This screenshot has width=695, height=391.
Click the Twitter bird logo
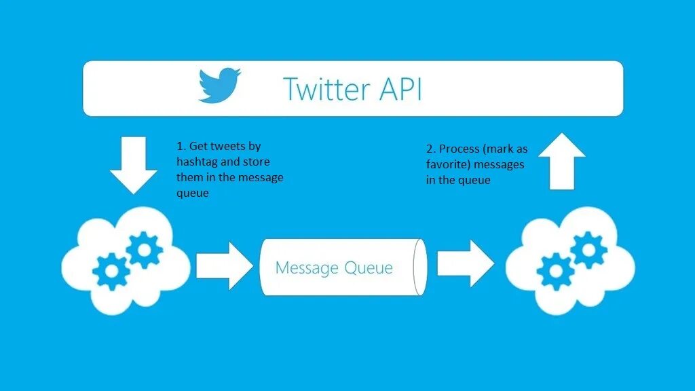(x=220, y=85)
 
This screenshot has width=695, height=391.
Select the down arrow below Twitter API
(x=133, y=162)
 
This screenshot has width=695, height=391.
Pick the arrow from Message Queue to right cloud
(x=465, y=263)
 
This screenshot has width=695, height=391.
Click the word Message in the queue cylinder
(x=306, y=267)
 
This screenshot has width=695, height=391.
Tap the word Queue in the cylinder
(x=367, y=267)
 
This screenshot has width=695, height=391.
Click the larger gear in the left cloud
(x=144, y=249)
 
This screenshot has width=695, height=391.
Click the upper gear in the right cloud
(x=588, y=249)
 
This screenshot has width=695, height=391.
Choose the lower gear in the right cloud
(x=556, y=271)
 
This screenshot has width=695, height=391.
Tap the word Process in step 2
(x=460, y=149)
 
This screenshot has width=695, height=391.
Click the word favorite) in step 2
(x=448, y=164)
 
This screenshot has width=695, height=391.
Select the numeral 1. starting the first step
(x=181, y=146)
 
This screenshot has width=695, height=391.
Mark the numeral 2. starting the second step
(x=431, y=149)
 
